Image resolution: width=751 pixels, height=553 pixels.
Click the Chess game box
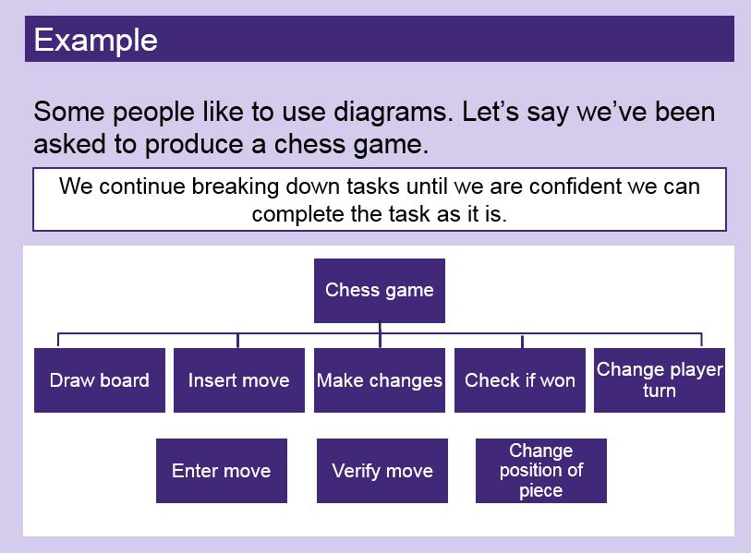pyautogui.click(x=380, y=291)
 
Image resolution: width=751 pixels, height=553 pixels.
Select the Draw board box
pyautogui.click(x=100, y=380)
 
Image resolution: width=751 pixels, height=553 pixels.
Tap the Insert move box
pyautogui.click(x=239, y=380)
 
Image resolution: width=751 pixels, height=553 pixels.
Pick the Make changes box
pyautogui.click(x=380, y=380)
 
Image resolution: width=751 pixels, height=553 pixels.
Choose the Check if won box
pyautogui.click(x=520, y=380)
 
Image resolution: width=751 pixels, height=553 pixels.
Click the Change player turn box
pyautogui.click(x=660, y=380)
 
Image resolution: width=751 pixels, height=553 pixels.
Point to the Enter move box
pyautogui.click(x=222, y=471)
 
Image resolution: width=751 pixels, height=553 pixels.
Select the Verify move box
pyautogui.click(x=382, y=471)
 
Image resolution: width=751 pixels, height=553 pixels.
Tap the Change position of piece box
pyautogui.click(x=541, y=471)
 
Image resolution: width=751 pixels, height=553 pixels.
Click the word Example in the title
pyautogui.click(x=96, y=41)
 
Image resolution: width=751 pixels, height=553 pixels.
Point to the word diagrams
pyautogui.click(x=393, y=113)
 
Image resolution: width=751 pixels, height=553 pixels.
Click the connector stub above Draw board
pyautogui.click(x=58, y=340)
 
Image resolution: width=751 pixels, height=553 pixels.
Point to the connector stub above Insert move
pyautogui.click(x=238, y=341)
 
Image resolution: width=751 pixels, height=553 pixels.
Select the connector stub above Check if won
pyautogui.click(x=522, y=341)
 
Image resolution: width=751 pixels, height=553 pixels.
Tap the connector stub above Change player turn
pyautogui.click(x=702, y=340)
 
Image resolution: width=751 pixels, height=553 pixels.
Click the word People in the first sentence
pyautogui.click(x=153, y=114)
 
